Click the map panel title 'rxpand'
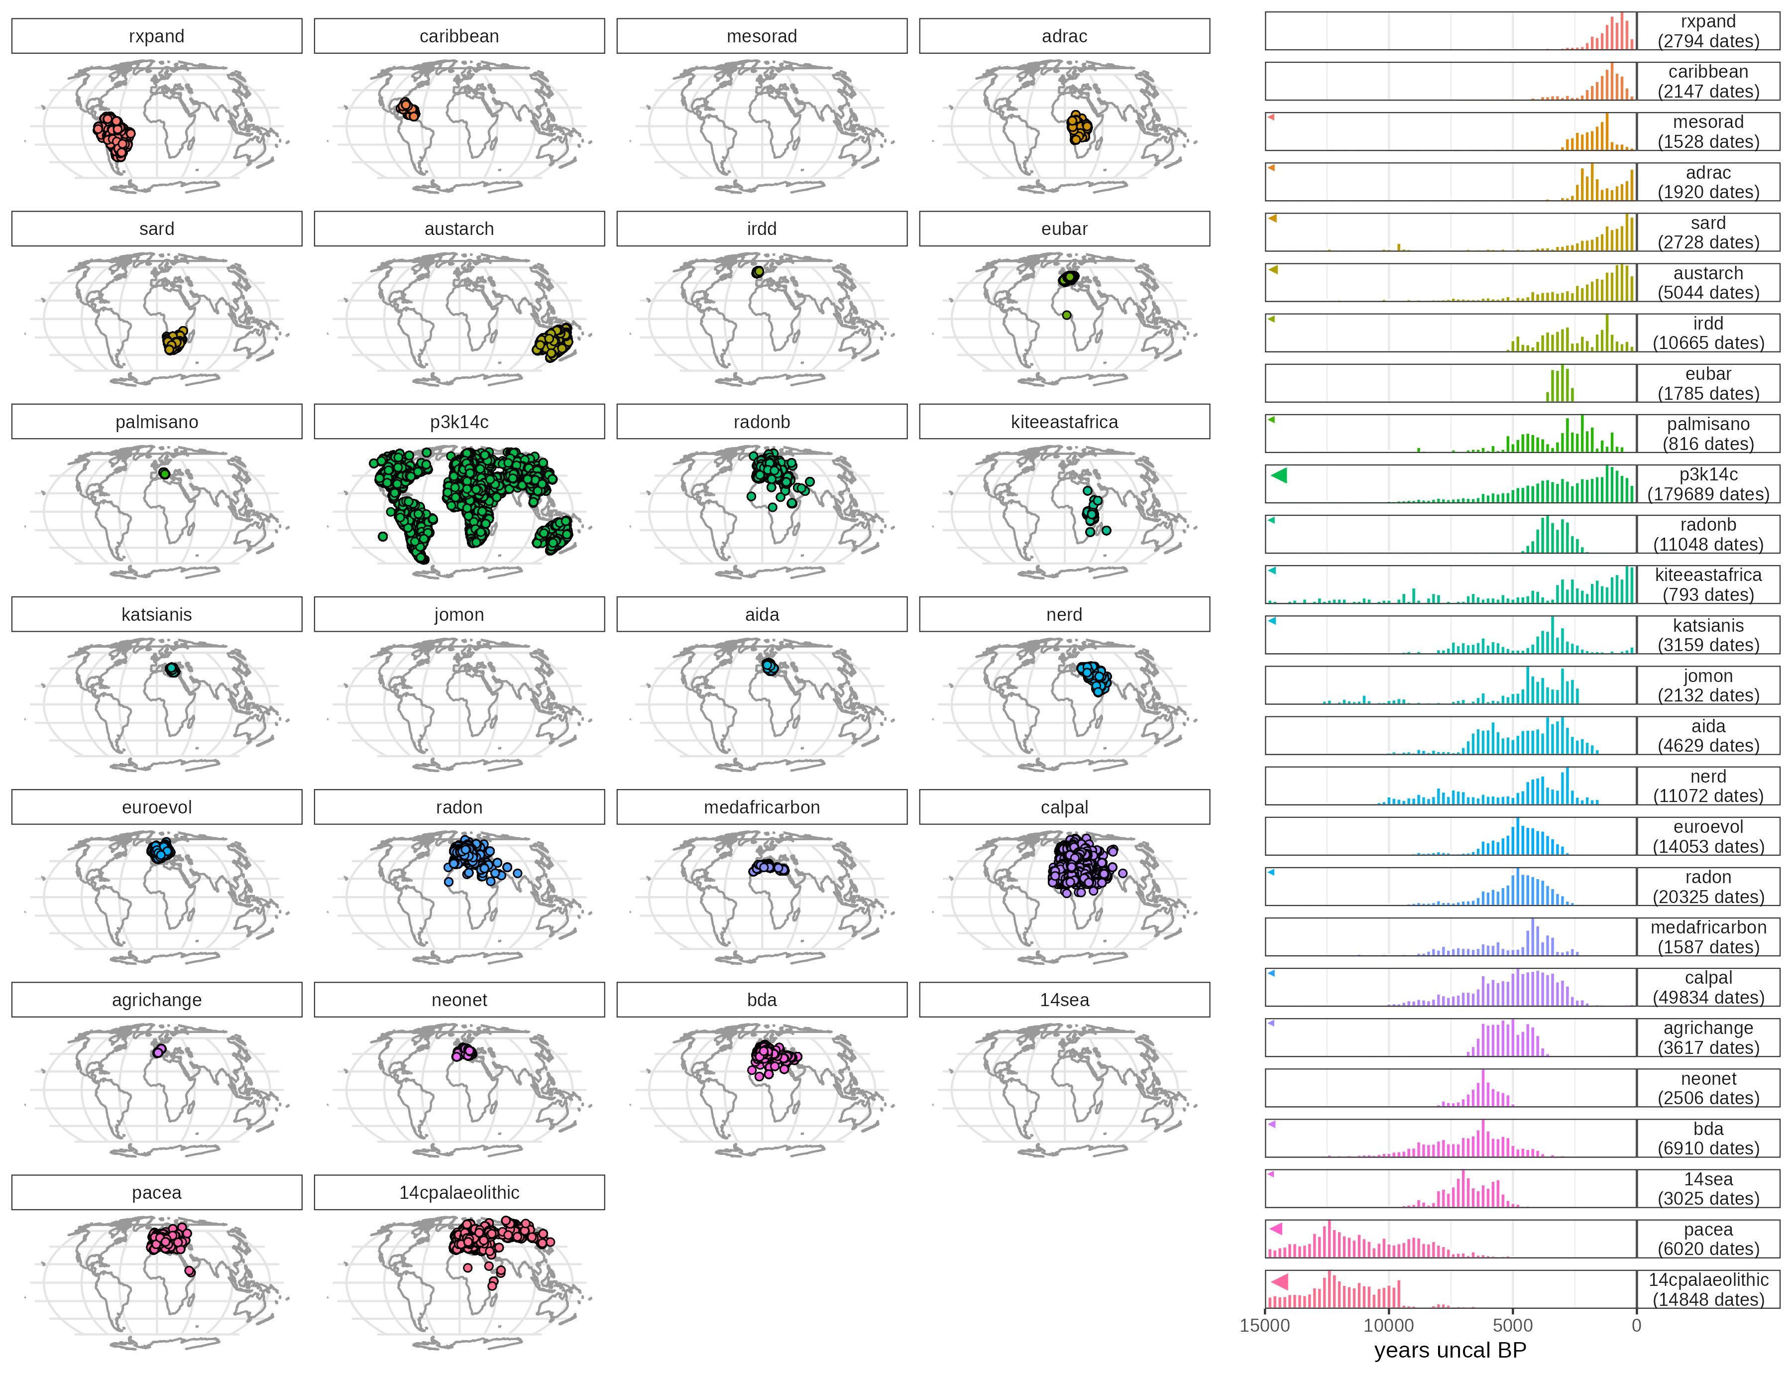coord(156,36)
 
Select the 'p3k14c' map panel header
coord(459,422)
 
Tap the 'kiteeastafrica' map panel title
coord(1064,422)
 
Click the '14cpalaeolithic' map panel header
coord(459,1192)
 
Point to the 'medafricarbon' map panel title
coord(762,807)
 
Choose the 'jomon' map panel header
coord(459,614)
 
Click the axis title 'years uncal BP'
coord(1450,1350)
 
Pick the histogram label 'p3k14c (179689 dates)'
coord(1708,484)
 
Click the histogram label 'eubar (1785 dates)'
coord(1708,383)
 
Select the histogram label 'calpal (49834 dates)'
coord(1708,987)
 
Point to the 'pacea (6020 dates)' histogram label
coord(1708,1239)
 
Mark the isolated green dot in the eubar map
coord(1067,315)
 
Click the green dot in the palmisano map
coord(164,473)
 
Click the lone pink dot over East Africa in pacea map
coord(190,1271)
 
